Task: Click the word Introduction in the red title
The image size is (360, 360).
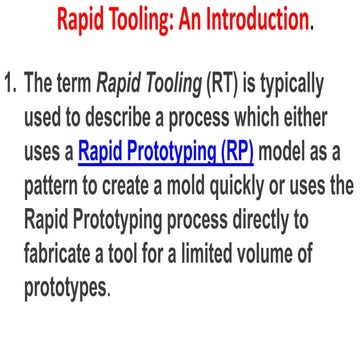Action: click(252, 18)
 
